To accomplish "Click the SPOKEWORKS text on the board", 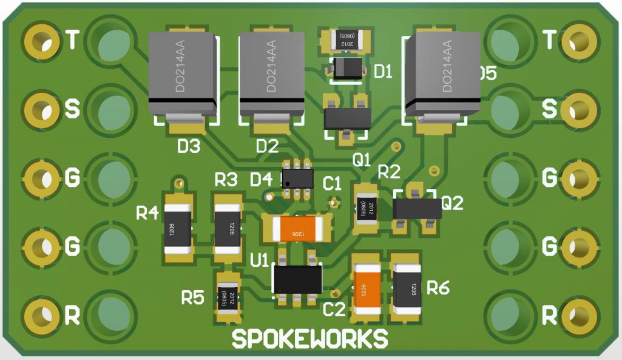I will pyautogui.click(x=309, y=339).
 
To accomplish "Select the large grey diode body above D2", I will pyautogui.click(x=271, y=74).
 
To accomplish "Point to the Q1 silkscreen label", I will pyautogui.click(x=361, y=160).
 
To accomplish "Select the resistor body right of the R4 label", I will pyautogui.click(x=178, y=228).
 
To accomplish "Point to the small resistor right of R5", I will pyautogui.click(x=228, y=297).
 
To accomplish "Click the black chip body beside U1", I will pyautogui.click(x=297, y=279).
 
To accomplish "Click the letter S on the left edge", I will pyautogui.click(x=72, y=109).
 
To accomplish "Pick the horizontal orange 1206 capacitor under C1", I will pyautogui.click(x=297, y=229).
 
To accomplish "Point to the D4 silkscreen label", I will pyautogui.click(x=262, y=180).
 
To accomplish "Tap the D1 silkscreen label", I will pyautogui.click(x=383, y=72).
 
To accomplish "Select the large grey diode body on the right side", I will pyautogui.click(x=442, y=74).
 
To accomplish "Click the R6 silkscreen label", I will pyautogui.click(x=438, y=288).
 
